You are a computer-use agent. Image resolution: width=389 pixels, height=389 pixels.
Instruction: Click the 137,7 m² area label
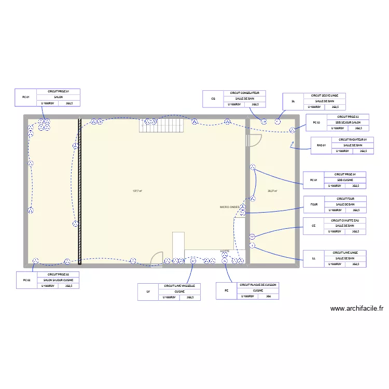[x=137, y=191]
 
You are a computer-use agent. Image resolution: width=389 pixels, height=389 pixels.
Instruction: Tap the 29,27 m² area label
[x=272, y=191]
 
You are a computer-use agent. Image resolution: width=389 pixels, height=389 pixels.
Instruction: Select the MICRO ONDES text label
[x=230, y=207]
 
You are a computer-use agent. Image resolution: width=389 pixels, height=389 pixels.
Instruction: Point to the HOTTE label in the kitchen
[x=225, y=252]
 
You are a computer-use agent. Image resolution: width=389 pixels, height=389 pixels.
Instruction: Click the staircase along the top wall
[x=161, y=126]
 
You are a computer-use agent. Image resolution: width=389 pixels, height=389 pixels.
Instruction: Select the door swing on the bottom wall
[x=156, y=259]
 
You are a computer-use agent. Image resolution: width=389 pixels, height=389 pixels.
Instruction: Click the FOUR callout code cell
[x=314, y=204]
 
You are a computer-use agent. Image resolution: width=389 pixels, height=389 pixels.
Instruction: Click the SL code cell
[x=293, y=101]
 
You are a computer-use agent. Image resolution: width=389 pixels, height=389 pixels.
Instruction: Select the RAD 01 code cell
[x=321, y=145]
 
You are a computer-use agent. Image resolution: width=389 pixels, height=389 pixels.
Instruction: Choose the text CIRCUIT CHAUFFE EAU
[x=345, y=220]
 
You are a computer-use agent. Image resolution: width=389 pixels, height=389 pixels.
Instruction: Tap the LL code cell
[x=314, y=258]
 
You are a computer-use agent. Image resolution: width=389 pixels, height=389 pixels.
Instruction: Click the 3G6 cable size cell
[x=268, y=297]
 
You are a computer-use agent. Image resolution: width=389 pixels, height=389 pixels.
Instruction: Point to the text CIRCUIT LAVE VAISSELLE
[x=179, y=286]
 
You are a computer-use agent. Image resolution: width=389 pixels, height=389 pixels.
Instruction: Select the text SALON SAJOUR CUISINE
[x=62, y=280]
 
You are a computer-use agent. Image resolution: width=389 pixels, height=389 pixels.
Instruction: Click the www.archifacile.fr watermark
[x=356, y=308]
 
